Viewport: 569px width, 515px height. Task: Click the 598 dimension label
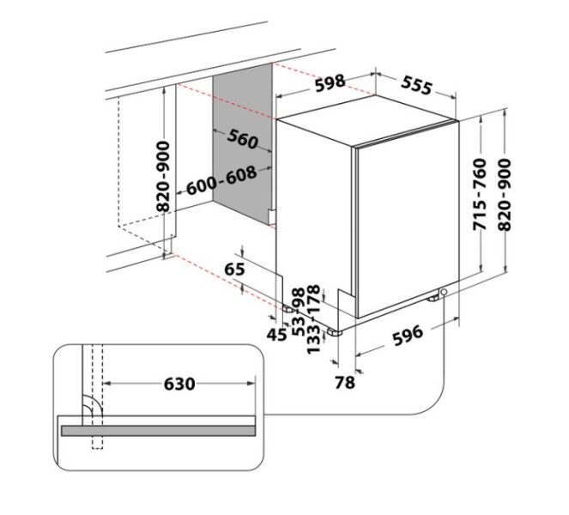point(330,82)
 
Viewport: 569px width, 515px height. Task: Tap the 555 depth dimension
point(417,86)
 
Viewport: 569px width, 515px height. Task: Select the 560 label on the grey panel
point(243,139)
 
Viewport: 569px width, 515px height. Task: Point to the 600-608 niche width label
point(221,180)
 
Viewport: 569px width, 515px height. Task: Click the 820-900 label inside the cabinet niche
point(163,177)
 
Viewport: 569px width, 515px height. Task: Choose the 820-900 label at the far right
point(505,195)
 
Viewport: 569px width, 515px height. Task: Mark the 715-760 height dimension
point(480,194)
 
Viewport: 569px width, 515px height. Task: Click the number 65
point(235,270)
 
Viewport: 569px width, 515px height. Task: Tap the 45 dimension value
point(276,334)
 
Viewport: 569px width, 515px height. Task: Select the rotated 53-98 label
point(299,312)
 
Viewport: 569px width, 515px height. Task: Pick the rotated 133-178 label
point(313,319)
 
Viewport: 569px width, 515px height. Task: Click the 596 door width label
point(408,335)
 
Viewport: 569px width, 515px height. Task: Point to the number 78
point(344,382)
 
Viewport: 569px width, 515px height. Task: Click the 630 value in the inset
point(179,384)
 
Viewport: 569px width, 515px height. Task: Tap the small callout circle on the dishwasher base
point(444,292)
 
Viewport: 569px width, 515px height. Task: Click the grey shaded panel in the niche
point(242,144)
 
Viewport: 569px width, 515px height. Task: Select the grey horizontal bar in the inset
point(159,430)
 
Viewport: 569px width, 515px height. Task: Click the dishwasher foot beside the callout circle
point(433,299)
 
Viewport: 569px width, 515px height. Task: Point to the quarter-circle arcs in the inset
point(93,406)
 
